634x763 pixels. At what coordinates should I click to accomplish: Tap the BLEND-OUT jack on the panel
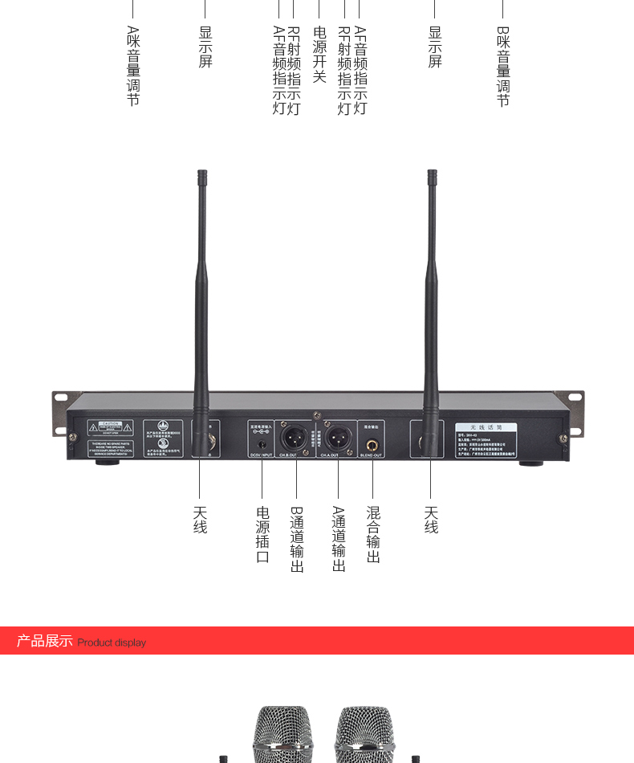372,445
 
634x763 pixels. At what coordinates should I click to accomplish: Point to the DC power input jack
262,443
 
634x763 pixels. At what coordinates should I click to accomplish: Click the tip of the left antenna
202,174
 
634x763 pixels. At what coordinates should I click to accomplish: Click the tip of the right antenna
432,174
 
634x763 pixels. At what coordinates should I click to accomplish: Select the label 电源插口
262,534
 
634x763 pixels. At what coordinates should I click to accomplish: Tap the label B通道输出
297,539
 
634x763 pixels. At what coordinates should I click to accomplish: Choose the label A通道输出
339,539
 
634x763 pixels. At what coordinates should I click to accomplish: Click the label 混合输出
373,534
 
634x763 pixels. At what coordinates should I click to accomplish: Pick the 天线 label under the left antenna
200,520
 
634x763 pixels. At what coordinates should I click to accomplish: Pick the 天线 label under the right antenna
431,520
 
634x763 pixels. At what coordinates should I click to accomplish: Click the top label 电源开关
319,55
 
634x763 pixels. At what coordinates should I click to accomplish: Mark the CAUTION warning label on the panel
110,426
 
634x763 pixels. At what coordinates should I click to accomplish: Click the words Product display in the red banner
112,643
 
